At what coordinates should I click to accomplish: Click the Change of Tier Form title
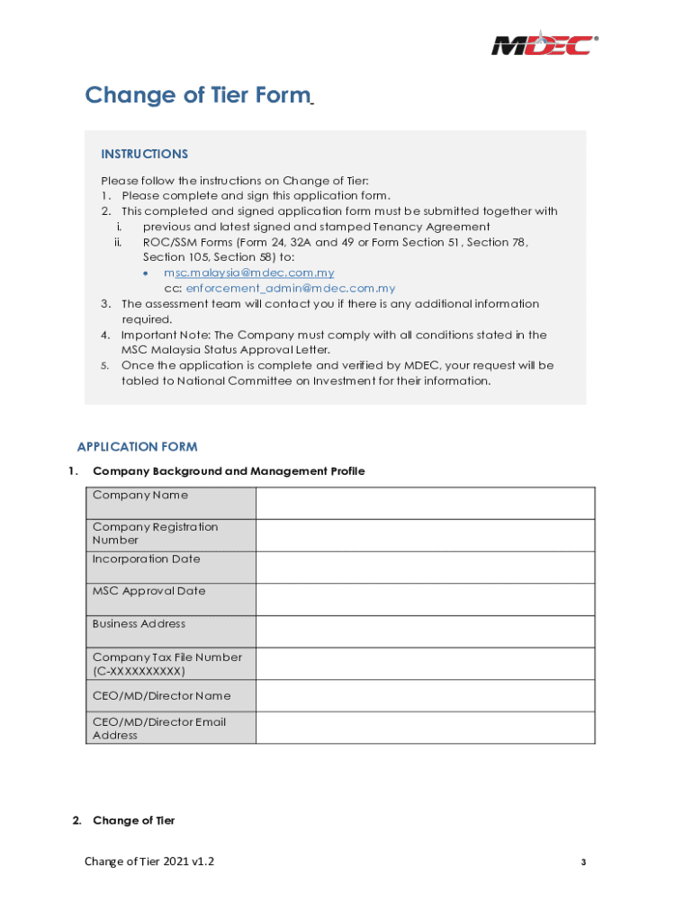197,95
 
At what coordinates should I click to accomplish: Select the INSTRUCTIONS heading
144,154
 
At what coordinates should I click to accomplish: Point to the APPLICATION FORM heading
137,447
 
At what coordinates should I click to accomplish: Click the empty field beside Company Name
425,503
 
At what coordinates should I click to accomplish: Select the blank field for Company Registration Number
425,535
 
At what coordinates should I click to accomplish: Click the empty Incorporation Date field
425,568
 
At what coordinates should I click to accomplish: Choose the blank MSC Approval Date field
425,599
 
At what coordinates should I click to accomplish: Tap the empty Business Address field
425,631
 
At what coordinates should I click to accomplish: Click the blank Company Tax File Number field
425,664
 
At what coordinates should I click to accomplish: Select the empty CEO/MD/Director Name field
425,696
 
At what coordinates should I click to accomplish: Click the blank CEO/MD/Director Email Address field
425,728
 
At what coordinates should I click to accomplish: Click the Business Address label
139,624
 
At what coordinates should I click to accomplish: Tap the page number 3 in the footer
583,863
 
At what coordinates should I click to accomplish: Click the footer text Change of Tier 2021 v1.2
149,862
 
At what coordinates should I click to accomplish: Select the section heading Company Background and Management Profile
229,471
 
